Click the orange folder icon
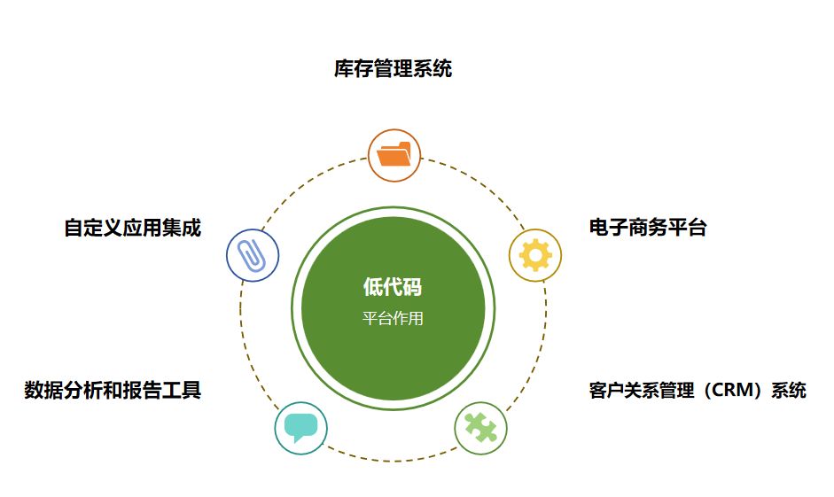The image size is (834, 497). (394, 155)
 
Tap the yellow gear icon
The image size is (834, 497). (535, 256)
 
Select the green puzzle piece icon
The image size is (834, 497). (480, 429)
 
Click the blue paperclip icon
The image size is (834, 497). (253, 256)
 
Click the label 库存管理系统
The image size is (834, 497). (393, 69)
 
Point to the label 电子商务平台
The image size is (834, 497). (648, 228)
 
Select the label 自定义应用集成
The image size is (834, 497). (132, 228)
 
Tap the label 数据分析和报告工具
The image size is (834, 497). (113, 390)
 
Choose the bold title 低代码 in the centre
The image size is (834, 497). (393, 286)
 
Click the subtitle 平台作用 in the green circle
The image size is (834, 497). (393, 319)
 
